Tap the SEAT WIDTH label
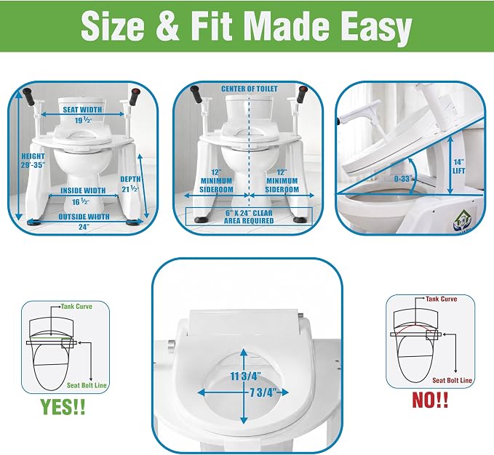[82, 110]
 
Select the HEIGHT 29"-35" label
[33, 161]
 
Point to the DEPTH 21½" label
[130, 184]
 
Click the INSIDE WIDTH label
[83, 190]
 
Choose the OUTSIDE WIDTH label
[84, 217]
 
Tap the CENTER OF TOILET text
[250, 89]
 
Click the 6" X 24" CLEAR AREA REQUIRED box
[249, 217]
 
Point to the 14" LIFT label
[458, 166]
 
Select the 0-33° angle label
[404, 179]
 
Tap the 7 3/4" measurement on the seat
[263, 392]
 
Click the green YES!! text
[63, 406]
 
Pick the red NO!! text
[431, 400]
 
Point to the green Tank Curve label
[76, 307]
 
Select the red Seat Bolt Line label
[452, 380]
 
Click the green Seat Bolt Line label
[87, 385]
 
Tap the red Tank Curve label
[442, 299]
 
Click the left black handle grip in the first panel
[30, 97]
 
